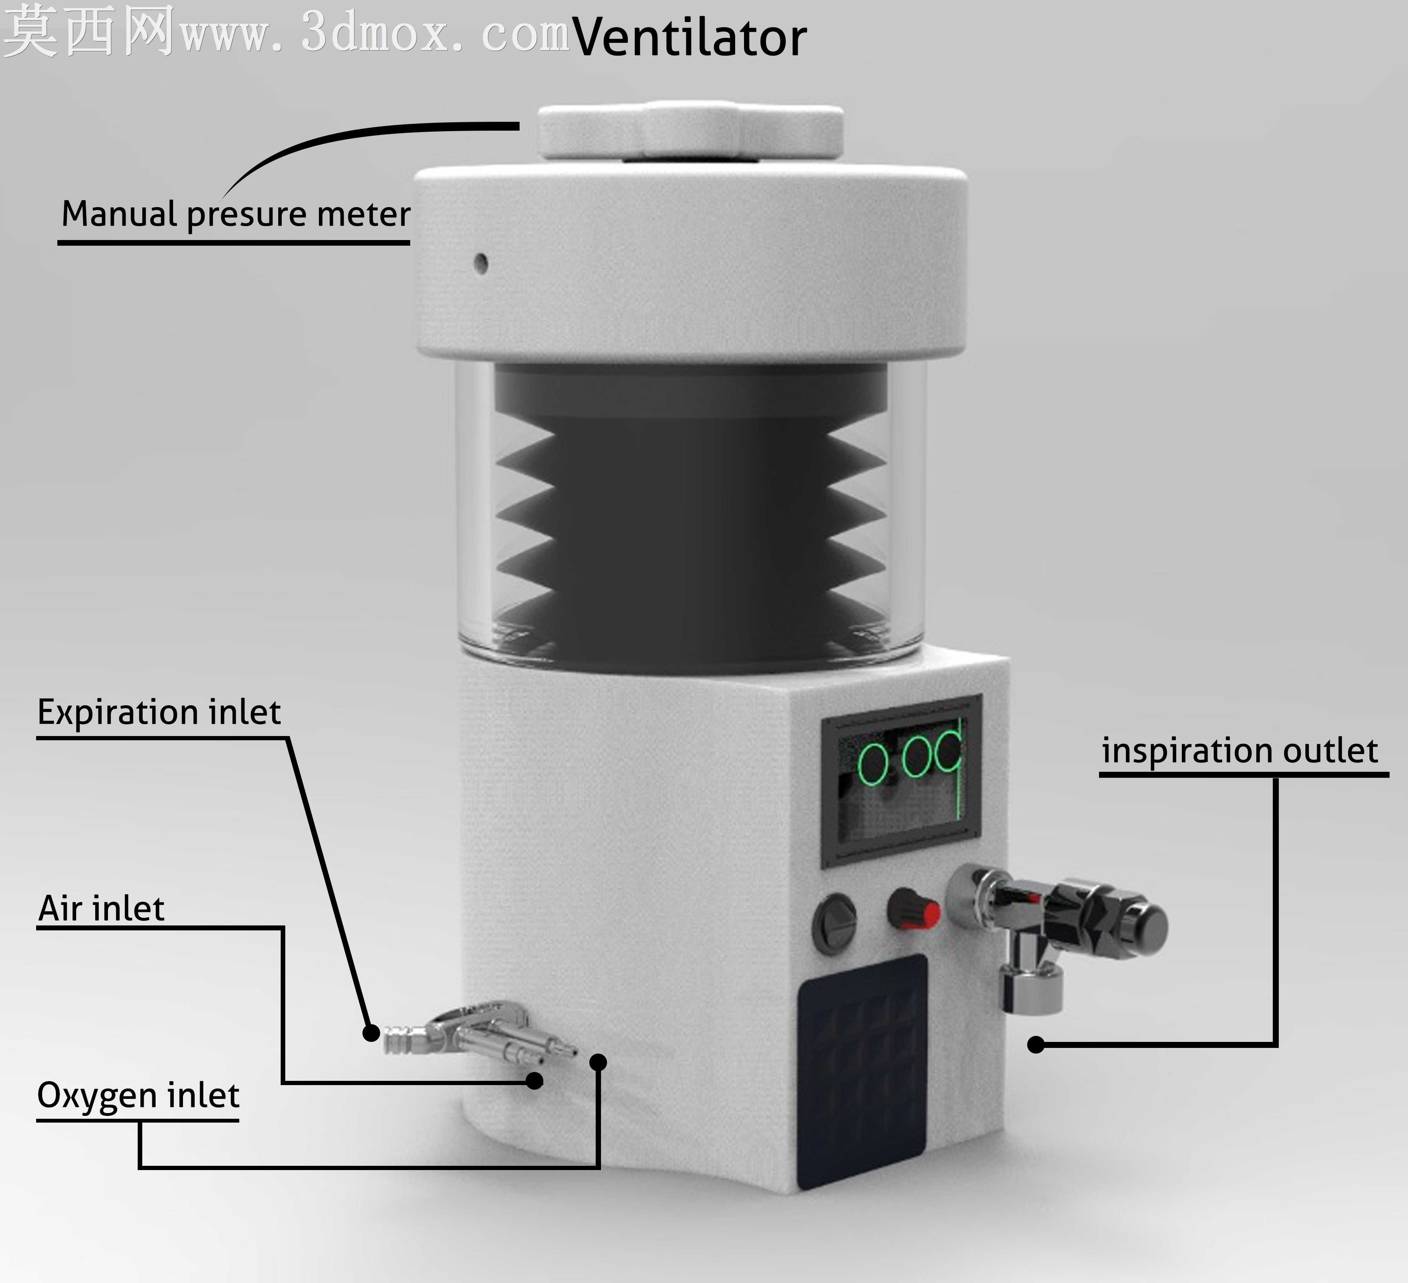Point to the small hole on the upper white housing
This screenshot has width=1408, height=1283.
click(x=481, y=263)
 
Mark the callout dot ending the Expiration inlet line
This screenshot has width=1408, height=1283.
click(x=372, y=1032)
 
